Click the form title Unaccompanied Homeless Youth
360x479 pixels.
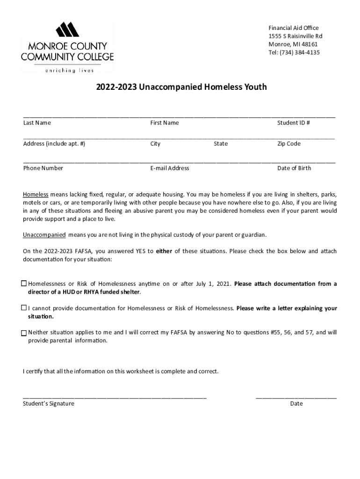181,87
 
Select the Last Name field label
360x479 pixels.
37,123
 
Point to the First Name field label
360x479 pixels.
164,123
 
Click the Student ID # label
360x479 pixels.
294,123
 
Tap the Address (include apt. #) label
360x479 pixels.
54,144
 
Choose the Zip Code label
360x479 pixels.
289,144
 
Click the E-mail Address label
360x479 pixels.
170,168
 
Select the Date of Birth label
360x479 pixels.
294,168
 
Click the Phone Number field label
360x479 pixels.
43,168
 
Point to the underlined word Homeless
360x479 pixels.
36,194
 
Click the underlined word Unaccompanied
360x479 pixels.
44,234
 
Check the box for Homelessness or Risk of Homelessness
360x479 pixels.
24,283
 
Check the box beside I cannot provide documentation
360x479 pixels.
24,308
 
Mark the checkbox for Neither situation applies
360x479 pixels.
24,333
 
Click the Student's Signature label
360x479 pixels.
49,403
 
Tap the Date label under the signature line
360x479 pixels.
296,403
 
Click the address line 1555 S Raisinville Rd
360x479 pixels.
295,36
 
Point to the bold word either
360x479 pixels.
164,251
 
